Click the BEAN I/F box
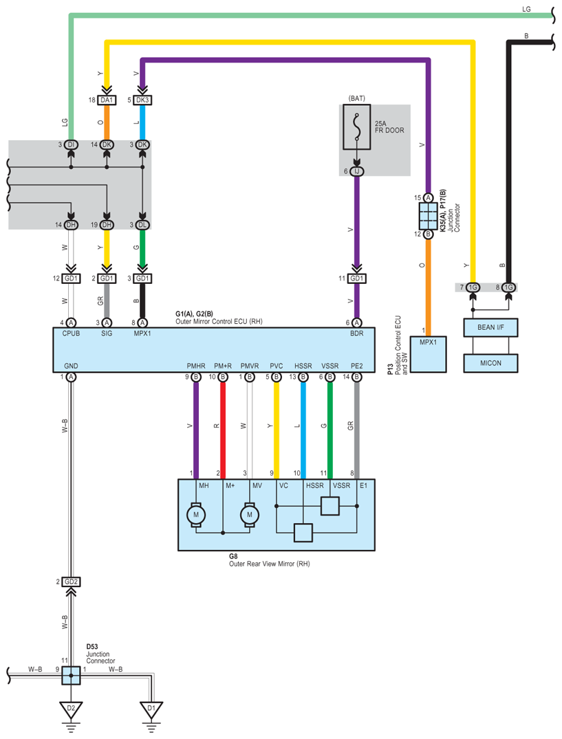tap(490, 327)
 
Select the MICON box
tap(490, 363)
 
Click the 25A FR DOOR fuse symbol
tap(357, 126)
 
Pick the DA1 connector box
tap(107, 100)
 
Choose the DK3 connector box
tap(142, 100)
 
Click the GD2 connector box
tap(71, 582)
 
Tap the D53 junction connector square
tap(71, 675)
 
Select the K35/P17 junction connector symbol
tap(428, 217)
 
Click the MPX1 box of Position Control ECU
tap(428, 355)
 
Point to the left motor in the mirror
tap(196, 515)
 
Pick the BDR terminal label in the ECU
tap(357, 333)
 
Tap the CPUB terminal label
tap(71, 333)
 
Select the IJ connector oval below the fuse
tap(357, 172)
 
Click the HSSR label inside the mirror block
tap(315, 485)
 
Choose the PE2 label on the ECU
tap(357, 366)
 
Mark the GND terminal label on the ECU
tap(71, 366)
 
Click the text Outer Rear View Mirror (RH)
tap(269, 564)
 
